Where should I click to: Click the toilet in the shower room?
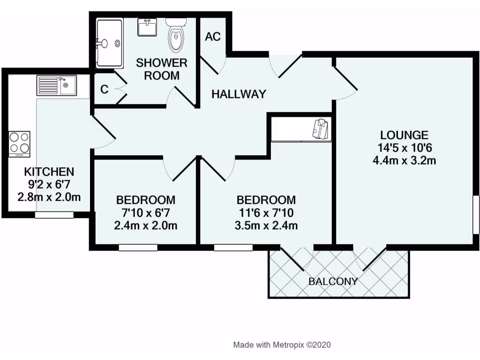[176, 37]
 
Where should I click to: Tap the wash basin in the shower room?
[148, 28]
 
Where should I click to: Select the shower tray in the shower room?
[109, 43]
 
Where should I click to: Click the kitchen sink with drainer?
[57, 86]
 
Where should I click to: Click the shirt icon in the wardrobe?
[321, 128]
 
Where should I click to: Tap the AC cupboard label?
[213, 37]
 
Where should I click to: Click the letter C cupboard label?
[105, 89]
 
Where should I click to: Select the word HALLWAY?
[239, 94]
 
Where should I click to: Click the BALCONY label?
[333, 282]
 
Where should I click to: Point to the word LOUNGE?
[404, 135]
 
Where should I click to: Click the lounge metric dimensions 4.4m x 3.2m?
[404, 161]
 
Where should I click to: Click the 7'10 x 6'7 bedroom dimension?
[146, 213]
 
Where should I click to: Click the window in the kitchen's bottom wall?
[54, 215]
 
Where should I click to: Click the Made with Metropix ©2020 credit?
[282, 345]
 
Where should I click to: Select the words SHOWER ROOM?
[162, 69]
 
